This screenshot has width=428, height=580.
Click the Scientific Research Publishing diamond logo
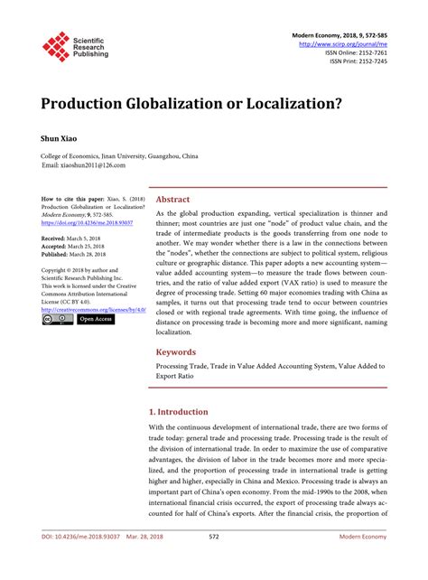[56, 47]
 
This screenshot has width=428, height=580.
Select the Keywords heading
[177, 352]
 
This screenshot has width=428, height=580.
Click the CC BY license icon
[57, 319]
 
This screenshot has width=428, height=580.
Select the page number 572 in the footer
[214, 562]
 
